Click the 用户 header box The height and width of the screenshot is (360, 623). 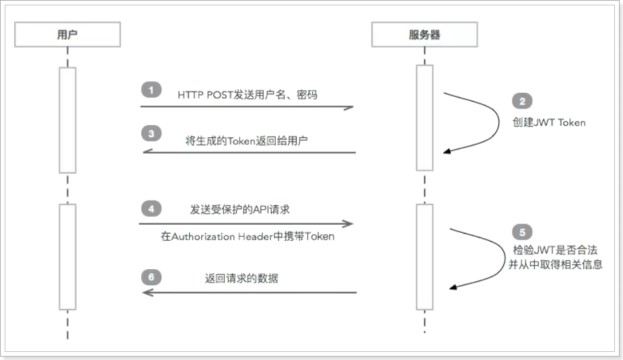click(x=67, y=35)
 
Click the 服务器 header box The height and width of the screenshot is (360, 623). click(x=424, y=35)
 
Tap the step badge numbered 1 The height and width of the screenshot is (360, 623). click(x=151, y=90)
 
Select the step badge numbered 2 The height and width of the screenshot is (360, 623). click(x=521, y=102)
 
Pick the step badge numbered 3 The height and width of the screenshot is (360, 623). click(x=151, y=134)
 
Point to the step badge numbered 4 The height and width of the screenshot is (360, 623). click(x=151, y=209)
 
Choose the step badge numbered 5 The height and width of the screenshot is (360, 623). click(x=523, y=232)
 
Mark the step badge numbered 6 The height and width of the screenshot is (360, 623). click(x=151, y=277)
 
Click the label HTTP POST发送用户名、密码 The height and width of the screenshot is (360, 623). click(x=248, y=95)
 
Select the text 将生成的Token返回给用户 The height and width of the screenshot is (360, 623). click(x=247, y=141)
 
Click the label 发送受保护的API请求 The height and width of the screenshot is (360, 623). click(x=240, y=210)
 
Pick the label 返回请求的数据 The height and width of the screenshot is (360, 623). click(x=242, y=278)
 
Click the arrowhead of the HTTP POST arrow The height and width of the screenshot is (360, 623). click(x=349, y=106)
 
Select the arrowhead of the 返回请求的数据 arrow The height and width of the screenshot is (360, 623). click(x=146, y=292)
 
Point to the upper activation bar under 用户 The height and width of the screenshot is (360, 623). click(x=68, y=120)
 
